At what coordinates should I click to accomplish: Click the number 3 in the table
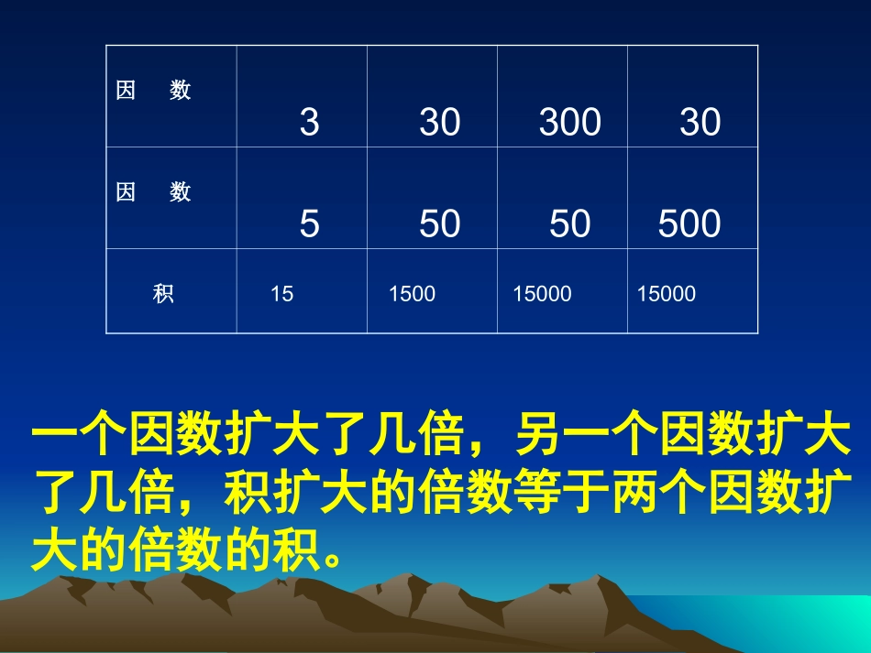pyautogui.click(x=310, y=123)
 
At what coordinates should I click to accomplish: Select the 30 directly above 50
pyautogui.click(x=440, y=123)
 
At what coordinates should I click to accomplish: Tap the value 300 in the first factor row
pyautogui.click(x=570, y=123)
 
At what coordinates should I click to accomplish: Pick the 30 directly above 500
pyautogui.click(x=700, y=123)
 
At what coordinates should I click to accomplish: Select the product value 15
pyautogui.click(x=282, y=295)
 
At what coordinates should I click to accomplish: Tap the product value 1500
pyautogui.click(x=413, y=295)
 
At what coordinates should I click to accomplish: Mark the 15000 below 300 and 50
pyautogui.click(x=542, y=295)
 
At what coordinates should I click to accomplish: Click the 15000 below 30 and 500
pyautogui.click(x=667, y=295)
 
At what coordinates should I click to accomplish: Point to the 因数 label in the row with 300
pyautogui.click(x=154, y=91)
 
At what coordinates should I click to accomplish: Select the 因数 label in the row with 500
pyautogui.click(x=154, y=192)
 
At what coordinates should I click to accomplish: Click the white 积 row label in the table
pyautogui.click(x=164, y=295)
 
